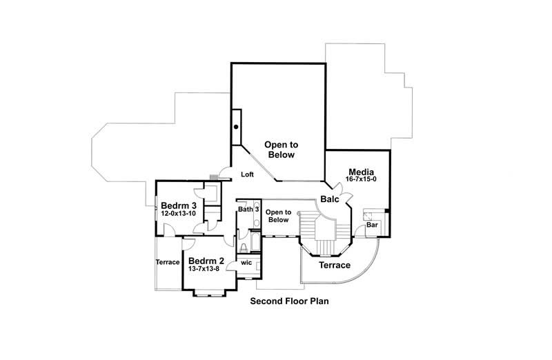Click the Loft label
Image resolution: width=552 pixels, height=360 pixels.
tap(247, 174)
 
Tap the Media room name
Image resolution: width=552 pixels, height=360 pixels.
tap(361, 171)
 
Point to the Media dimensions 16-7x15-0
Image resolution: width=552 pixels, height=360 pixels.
tap(361, 179)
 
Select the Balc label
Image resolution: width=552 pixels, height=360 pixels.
tap(328, 200)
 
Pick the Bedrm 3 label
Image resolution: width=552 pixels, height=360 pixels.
tap(179, 206)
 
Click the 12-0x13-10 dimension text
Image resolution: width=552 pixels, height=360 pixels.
tap(179, 214)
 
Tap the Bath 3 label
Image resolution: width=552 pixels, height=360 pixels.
tap(248, 209)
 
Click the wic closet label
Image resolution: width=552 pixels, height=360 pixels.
tap(246, 263)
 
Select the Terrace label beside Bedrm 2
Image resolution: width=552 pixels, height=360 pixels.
tap(168, 262)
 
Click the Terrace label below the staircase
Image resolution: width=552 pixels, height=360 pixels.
tap(334, 266)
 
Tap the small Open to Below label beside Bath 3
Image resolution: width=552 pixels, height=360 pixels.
tap(277, 216)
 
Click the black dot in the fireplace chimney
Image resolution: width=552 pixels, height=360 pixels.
tap(236, 127)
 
